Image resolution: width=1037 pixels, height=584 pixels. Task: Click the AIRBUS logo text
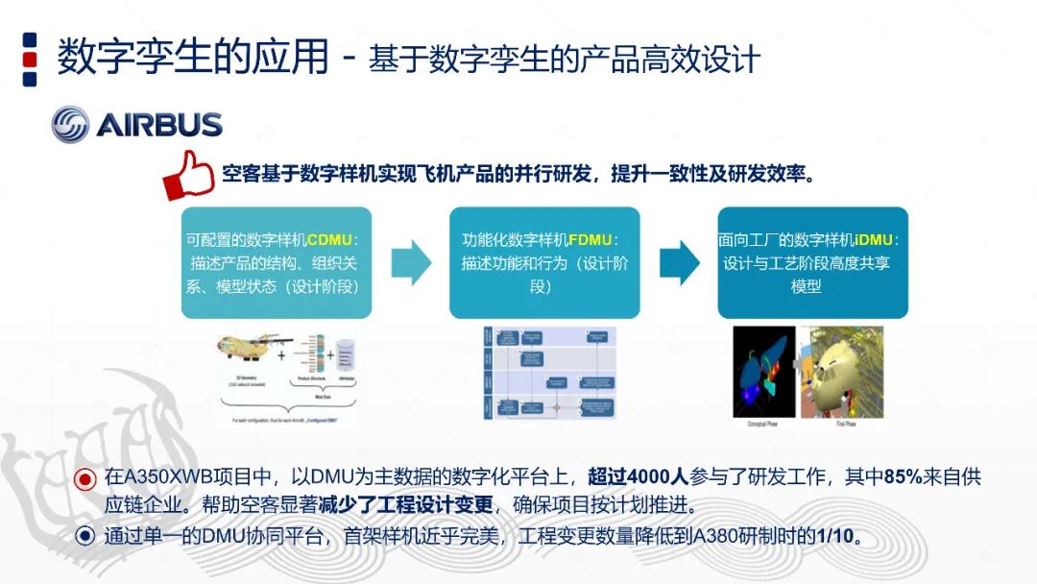point(159,125)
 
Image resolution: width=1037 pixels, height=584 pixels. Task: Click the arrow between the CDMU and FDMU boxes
point(411,262)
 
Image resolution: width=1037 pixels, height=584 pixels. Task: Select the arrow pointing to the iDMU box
point(679,262)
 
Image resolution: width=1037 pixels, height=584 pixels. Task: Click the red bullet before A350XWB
point(85,478)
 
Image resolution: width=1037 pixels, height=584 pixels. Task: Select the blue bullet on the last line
point(85,536)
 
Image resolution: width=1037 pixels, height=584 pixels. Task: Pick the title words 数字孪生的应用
point(193,58)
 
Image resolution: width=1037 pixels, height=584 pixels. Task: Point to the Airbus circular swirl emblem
point(70,125)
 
